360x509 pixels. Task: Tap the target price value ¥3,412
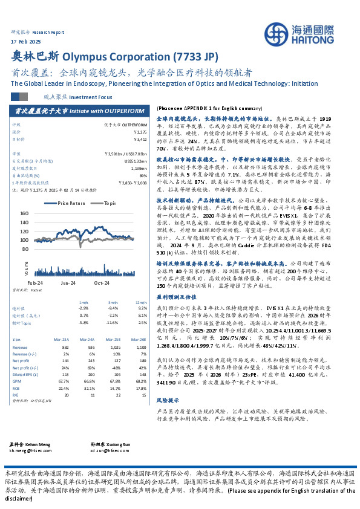pyautogui.click(x=139, y=138)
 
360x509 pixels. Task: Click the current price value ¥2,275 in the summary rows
pyautogui.click(x=140, y=131)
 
